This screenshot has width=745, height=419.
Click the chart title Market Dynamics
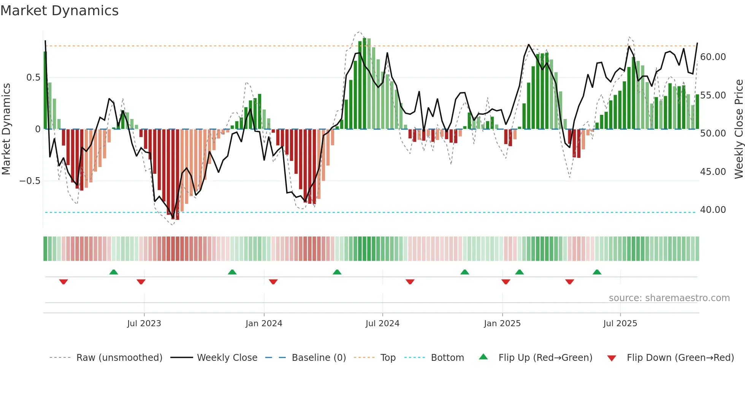60,11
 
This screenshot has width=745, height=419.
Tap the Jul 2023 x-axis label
144,324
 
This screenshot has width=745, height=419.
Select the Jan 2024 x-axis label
264,324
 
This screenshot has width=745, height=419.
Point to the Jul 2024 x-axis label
382,324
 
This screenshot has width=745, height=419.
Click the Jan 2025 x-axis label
502,324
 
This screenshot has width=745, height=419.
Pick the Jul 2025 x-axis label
620,324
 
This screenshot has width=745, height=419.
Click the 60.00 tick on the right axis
713,57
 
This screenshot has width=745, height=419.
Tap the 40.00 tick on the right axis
713,210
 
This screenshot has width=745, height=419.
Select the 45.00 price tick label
713,172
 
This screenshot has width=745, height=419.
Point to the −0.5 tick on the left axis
30,181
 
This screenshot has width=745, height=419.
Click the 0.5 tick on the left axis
33,78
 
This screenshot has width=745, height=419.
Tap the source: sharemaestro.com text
669,298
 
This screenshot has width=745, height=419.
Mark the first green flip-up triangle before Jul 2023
114,272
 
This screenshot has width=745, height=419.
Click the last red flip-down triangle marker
569,282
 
